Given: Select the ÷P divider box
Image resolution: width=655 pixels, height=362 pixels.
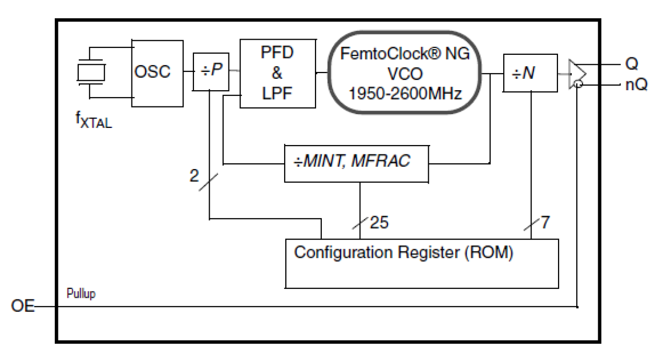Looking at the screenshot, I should click(x=211, y=71).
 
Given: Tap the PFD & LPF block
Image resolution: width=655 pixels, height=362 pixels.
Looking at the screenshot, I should click(x=277, y=73).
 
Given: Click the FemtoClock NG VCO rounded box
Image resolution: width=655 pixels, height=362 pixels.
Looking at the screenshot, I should click(x=405, y=73).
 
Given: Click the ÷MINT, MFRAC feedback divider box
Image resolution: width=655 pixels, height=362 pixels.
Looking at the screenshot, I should click(x=357, y=163).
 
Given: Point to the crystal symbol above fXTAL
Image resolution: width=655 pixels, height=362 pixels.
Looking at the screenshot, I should click(x=91, y=73).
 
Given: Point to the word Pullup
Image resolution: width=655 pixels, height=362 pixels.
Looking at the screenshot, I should click(x=81, y=294).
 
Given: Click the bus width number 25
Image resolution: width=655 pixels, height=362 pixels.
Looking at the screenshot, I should click(x=379, y=223).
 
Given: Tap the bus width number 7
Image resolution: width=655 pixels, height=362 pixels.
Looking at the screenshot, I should click(x=545, y=223).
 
